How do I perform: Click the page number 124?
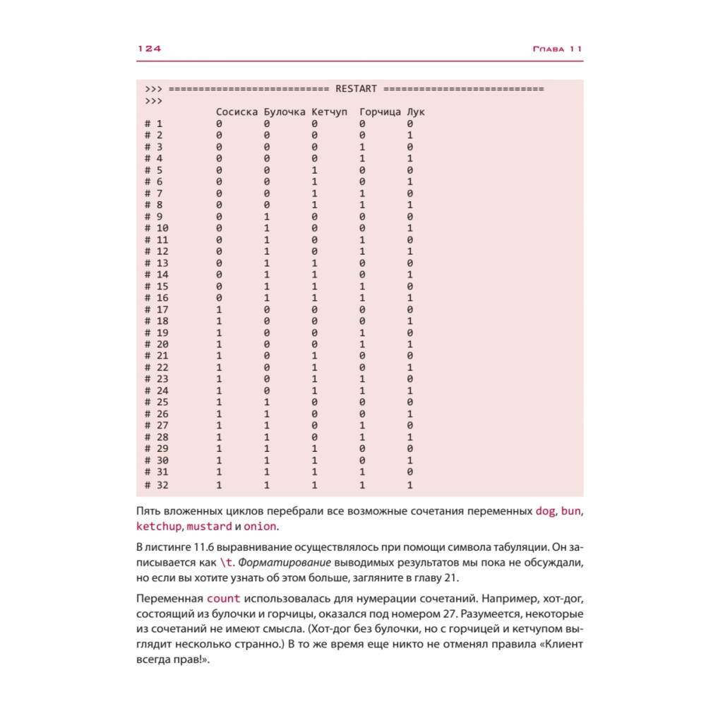149,49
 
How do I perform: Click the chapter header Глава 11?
557,49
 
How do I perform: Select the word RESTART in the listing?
356,89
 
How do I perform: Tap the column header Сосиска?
237,112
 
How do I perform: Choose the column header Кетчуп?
329,112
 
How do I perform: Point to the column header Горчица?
380,112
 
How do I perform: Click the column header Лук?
417,112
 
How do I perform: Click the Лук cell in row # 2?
410,136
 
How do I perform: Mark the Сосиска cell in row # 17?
219,310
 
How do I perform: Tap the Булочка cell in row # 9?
267,217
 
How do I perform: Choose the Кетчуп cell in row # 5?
314,170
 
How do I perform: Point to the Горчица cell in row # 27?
362,426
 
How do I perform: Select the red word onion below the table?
260,527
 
